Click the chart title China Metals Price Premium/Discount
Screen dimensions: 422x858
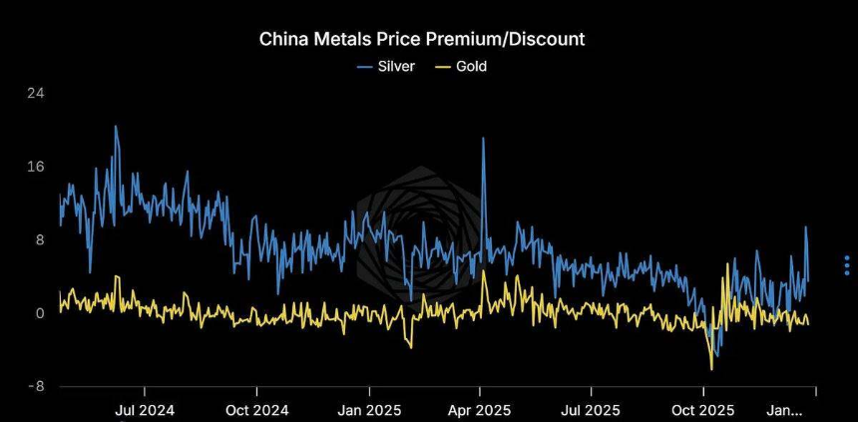tap(422, 39)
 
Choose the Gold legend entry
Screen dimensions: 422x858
tap(463, 67)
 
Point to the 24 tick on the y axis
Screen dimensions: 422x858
tap(35, 93)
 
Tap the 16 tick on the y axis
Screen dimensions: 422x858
tap(35, 167)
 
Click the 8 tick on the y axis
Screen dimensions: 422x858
tap(39, 239)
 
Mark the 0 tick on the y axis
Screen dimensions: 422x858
tap(39, 313)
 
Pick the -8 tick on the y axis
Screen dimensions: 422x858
tap(36, 387)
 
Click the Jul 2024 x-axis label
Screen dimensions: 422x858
tap(145, 409)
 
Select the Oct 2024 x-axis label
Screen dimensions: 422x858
tap(256, 409)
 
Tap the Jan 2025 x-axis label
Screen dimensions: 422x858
tap(368, 409)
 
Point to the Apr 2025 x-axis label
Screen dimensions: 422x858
tap(480, 409)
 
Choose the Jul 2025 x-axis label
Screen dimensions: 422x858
tap(590, 409)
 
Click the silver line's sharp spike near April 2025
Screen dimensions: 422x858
tap(483, 139)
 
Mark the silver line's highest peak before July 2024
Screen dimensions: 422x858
tap(115, 126)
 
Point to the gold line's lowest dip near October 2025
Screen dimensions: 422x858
tap(711, 369)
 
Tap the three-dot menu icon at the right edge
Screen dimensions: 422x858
tap(846, 264)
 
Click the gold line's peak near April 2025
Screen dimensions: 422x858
tap(484, 271)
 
